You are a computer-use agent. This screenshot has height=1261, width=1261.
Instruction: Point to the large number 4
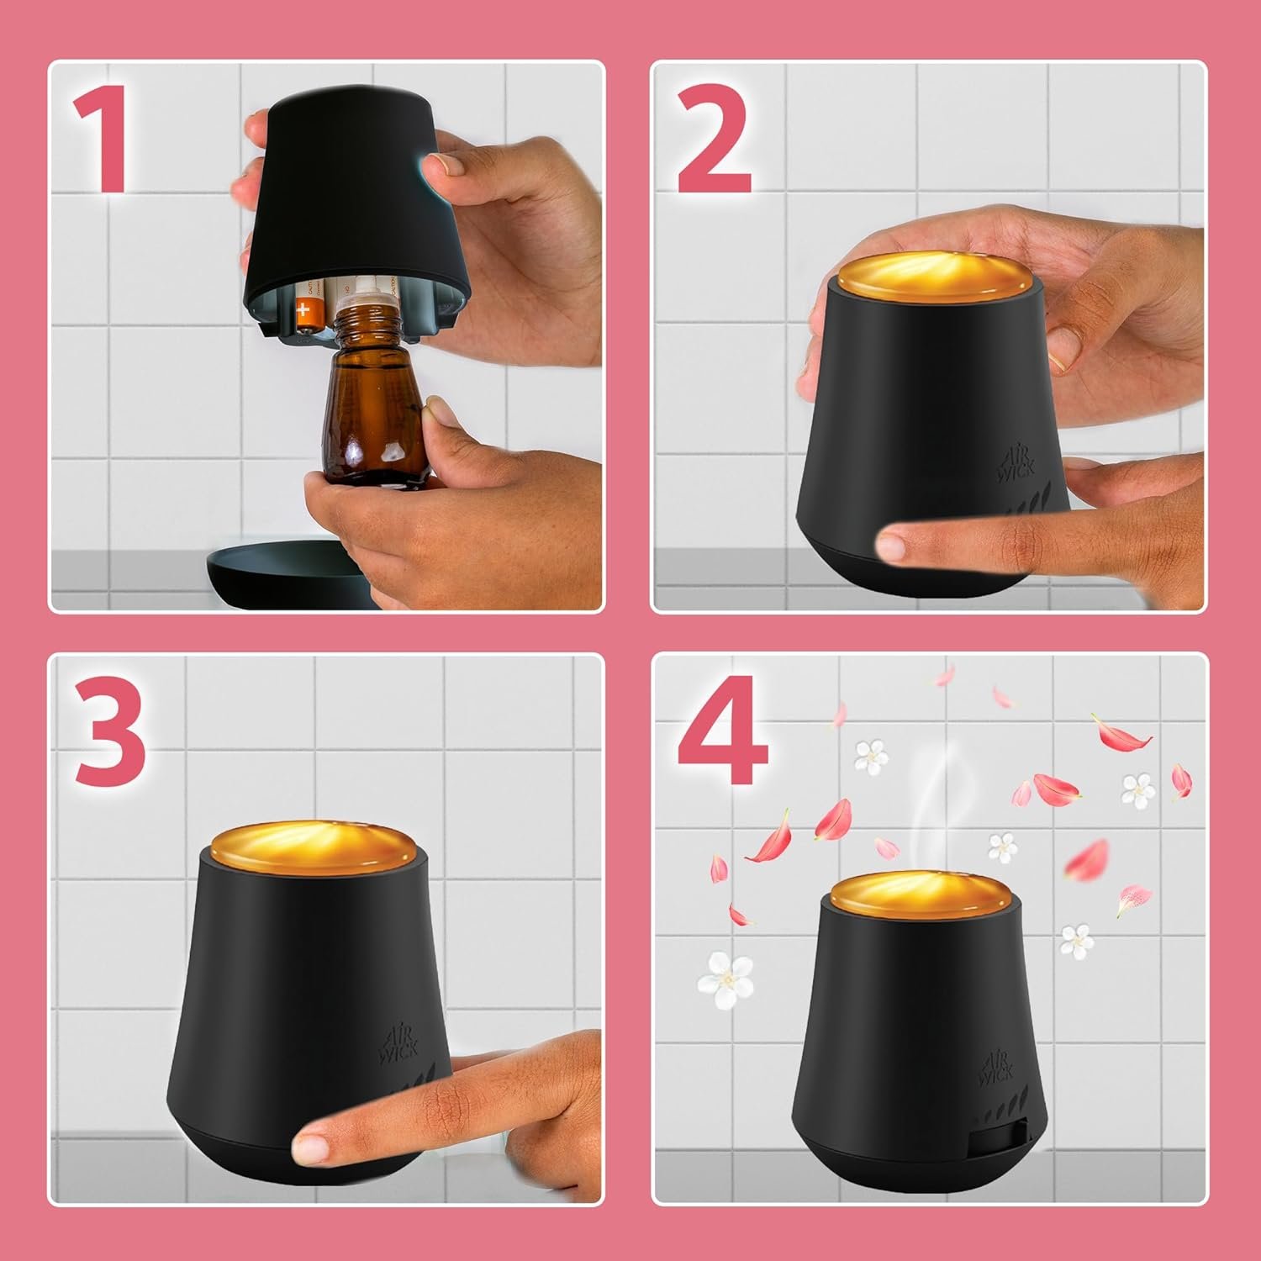pos(721,730)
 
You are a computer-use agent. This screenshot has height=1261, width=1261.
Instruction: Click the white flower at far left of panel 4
pos(723,968)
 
